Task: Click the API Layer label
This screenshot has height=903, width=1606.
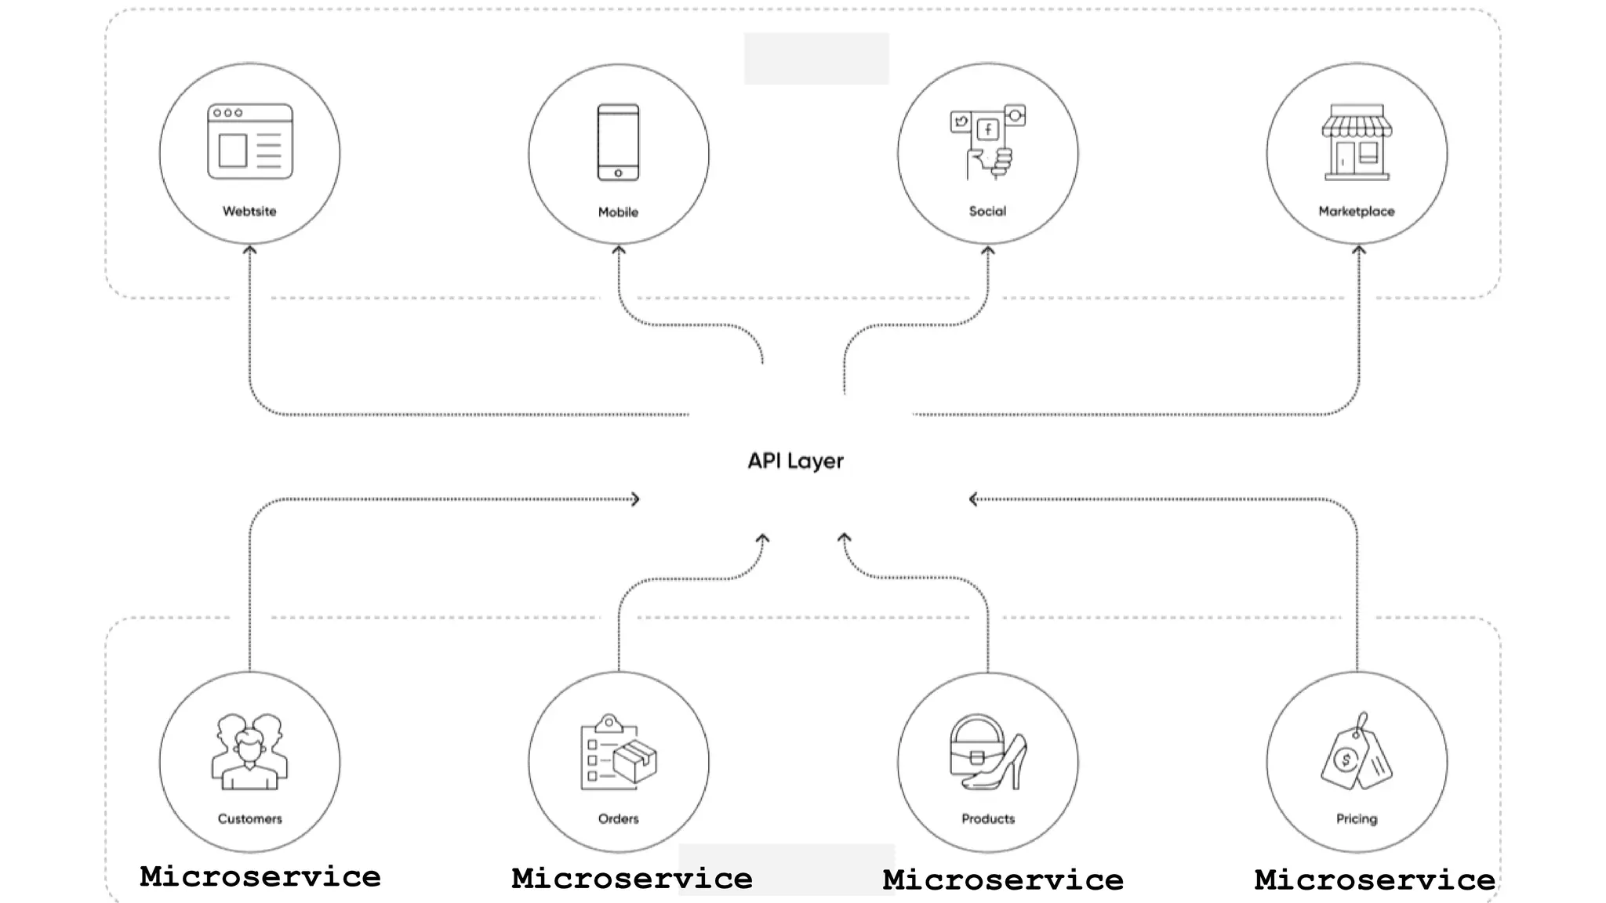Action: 795,461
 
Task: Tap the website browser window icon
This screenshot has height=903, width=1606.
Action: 249,142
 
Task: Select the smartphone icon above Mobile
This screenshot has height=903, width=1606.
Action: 618,143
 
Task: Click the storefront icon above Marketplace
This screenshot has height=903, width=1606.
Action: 1357,143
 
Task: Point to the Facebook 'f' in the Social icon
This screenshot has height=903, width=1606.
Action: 988,129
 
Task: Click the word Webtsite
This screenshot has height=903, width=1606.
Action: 249,212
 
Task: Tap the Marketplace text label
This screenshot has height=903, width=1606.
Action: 1357,212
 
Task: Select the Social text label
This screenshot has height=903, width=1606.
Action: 987,212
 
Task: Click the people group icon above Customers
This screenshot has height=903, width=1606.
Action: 249,751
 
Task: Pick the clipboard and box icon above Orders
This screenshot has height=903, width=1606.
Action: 618,752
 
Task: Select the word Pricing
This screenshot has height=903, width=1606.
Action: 1357,819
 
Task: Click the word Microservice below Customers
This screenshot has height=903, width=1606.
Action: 260,876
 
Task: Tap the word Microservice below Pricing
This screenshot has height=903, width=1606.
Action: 1375,879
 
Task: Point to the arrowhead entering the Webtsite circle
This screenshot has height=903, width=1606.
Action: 249,250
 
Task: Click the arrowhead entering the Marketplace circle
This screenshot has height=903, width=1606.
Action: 1359,250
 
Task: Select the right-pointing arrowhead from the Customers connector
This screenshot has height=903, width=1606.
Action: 636,499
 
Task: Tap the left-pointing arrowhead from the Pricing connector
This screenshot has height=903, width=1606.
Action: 973,499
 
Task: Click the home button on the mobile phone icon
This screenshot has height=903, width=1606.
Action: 618,173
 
